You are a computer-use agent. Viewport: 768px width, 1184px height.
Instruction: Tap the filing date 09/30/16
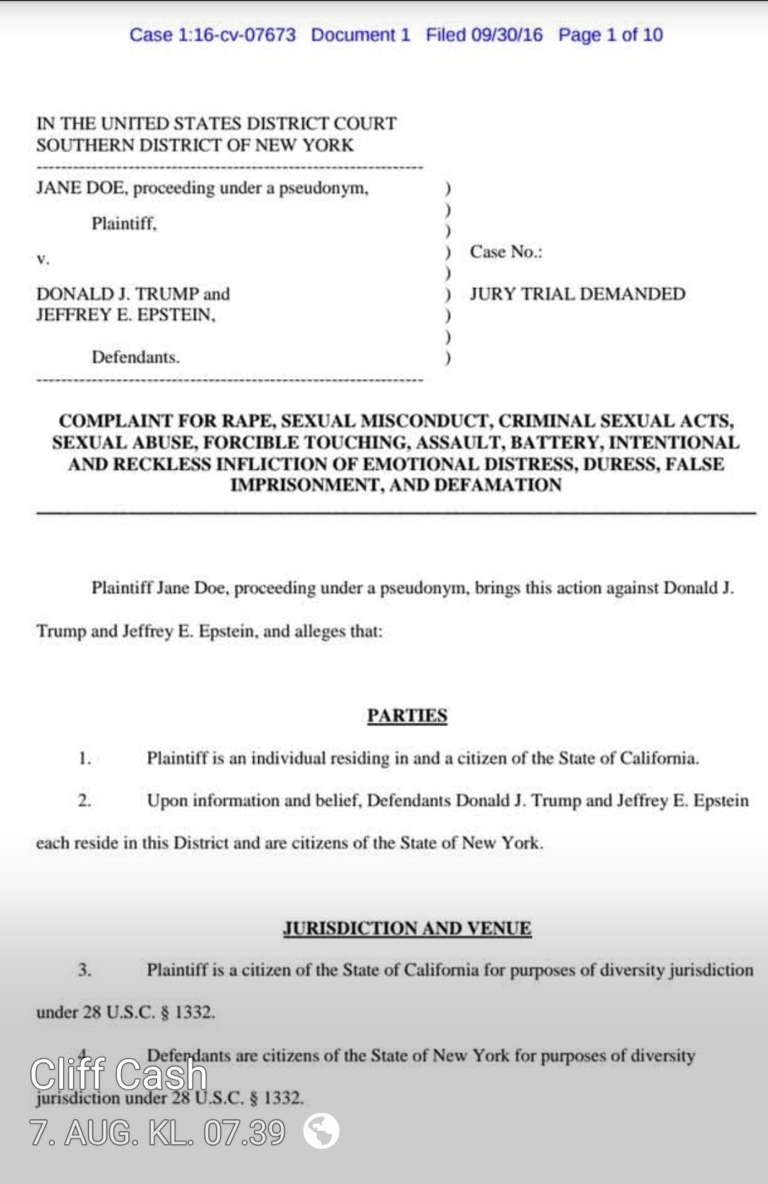pos(507,35)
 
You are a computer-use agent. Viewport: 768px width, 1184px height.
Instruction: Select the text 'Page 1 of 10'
pos(610,35)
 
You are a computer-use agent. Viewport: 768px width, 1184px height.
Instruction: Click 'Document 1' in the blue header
pos(361,35)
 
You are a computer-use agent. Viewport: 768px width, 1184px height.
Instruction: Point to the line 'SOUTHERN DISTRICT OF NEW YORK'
pos(195,145)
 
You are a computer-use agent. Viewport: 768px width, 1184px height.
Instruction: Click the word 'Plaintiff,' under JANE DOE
pos(124,223)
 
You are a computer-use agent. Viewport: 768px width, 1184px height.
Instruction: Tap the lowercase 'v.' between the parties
pos(43,259)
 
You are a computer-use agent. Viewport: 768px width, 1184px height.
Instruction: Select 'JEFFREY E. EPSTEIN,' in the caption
pos(126,314)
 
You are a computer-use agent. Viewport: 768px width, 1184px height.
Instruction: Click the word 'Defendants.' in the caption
pos(135,357)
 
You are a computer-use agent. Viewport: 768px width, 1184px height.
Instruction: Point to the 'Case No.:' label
pos(506,252)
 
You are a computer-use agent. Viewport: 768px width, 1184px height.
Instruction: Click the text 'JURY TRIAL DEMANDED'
pos(577,294)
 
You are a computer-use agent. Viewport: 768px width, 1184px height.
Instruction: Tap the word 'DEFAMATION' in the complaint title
pos(498,485)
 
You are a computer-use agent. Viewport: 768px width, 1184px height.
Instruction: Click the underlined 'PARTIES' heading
pos(407,715)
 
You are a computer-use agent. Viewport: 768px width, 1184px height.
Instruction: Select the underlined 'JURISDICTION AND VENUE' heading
pos(407,928)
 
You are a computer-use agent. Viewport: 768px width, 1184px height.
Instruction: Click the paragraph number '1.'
pos(85,758)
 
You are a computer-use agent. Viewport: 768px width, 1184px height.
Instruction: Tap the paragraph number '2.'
pos(85,801)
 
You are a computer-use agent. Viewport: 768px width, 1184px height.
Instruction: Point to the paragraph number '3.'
pos(85,970)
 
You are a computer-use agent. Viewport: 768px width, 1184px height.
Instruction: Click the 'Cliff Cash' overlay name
pos(118,1074)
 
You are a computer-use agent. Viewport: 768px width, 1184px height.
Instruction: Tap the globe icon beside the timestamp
pos(321,1131)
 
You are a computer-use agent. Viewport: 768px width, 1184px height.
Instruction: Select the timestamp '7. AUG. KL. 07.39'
pos(157,1132)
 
